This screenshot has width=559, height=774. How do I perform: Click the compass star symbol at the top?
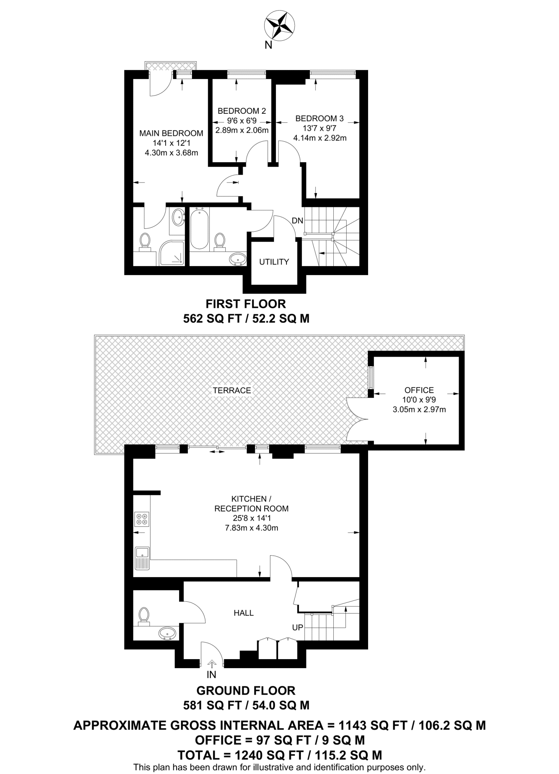(279, 26)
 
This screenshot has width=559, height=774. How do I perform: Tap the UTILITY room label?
(274, 262)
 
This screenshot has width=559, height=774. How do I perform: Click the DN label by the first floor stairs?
(297, 220)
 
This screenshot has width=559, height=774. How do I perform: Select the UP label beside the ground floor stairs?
(297, 627)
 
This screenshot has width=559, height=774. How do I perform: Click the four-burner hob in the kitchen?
(142, 519)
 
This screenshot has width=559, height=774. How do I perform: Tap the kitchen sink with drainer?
(142, 558)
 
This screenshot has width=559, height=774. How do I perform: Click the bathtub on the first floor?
(198, 229)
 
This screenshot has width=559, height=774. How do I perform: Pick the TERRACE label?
(232, 390)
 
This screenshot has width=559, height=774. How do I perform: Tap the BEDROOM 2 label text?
(242, 111)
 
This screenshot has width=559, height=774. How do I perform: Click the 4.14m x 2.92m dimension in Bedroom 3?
(320, 138)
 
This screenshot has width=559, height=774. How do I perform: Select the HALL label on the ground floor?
(243, 613)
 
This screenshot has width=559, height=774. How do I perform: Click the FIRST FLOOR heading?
(246, 303)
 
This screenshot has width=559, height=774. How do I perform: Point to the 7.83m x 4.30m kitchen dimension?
(251, 528)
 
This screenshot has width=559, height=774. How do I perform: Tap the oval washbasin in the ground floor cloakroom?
(167, 633)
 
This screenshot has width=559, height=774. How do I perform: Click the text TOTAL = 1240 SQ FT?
(241, 755)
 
